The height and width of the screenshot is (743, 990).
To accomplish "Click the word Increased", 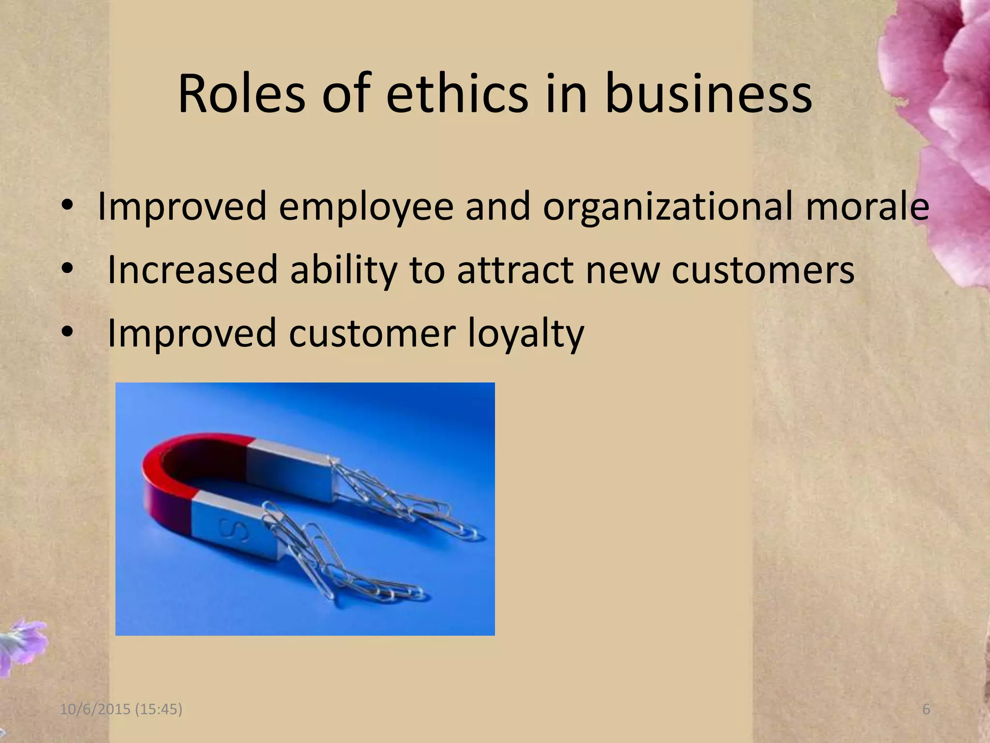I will tap(192, 269).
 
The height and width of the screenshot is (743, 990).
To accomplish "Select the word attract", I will tap(515, 269).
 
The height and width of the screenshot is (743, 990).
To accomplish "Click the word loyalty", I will tap(526, 334).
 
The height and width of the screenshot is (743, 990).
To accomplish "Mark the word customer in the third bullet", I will tap(372, 333).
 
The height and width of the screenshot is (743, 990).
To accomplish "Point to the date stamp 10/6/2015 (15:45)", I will tap(121, 710).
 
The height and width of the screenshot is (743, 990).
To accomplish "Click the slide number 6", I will tap(926, 710).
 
